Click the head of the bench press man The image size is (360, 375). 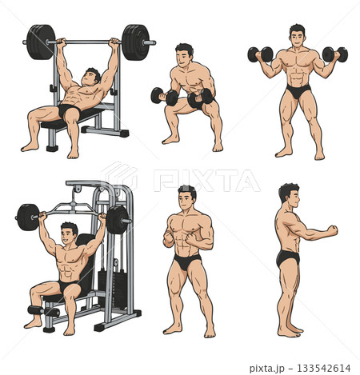91,76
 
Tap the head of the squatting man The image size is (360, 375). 184,55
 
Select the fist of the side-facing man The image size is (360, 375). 333,230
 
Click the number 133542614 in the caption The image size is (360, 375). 324,368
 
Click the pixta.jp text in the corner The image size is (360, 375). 267,369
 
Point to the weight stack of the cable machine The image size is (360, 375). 112,289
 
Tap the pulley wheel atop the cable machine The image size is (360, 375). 78,189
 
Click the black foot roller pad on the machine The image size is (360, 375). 43,311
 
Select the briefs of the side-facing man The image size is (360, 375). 288,258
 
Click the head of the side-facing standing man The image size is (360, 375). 290,196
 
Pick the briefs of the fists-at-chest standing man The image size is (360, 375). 187,261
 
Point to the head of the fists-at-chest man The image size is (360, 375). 187,197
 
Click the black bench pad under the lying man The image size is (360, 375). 71,119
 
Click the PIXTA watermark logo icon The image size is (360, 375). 120,175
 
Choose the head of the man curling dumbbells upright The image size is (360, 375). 298,36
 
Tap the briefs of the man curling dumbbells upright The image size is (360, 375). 298,91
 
